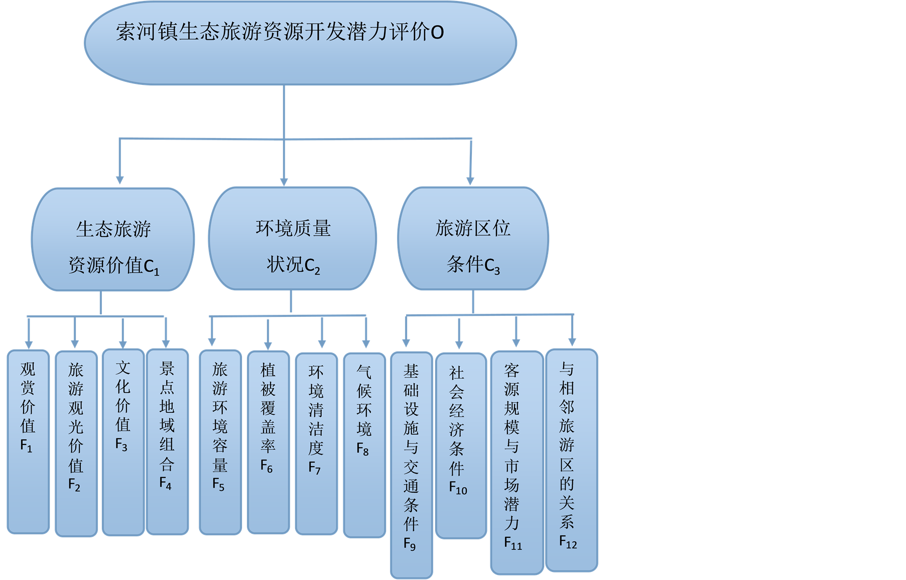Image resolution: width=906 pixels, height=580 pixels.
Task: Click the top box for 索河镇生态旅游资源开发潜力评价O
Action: coord(300,43)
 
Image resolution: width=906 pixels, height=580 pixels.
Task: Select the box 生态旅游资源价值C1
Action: coord(113,240)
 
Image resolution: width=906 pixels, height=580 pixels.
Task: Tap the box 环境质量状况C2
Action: coord(293,239)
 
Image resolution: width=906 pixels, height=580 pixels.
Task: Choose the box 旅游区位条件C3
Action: coord(473,239)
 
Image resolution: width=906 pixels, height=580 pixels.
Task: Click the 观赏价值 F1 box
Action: coord(28,442)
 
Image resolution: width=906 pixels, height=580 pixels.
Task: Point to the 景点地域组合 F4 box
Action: coord(167,442)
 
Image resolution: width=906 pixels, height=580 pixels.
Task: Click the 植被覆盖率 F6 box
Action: coord(268,442)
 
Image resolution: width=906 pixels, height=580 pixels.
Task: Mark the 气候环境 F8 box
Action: coord(364,445)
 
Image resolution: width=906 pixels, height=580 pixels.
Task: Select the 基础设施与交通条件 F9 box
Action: coord(412,465)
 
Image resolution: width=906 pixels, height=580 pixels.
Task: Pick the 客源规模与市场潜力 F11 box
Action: coord(516,462)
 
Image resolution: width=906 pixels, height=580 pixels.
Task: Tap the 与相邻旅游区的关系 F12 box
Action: coord(571,460)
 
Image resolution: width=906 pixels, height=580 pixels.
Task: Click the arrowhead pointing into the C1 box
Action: coord(119,180)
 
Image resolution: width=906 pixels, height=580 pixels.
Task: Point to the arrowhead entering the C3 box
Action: coord(470,180)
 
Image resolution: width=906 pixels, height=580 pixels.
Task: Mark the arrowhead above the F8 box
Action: coord(366,343)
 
